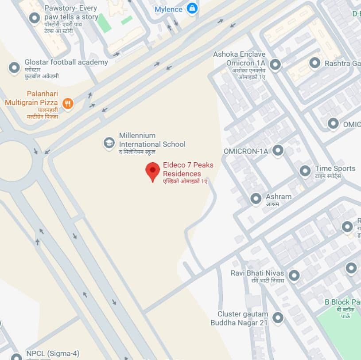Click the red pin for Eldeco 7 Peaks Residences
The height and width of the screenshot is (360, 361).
[153, 171]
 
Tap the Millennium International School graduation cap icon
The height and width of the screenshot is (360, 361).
[109, 142]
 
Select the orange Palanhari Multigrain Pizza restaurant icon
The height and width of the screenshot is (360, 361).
[68, 104]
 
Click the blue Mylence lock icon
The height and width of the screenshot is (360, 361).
[192, 8]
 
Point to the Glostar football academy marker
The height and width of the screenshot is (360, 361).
[14, 68]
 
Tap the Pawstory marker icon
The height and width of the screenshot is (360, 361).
[34, 18]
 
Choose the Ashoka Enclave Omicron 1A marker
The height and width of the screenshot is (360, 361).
[275, 65]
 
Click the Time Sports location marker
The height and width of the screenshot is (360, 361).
[305, 171]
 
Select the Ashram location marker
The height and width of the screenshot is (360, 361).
[256, 199]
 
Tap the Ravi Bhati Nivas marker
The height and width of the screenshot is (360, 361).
[294, 276]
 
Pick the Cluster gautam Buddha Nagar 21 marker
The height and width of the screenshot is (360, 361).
[278, 317]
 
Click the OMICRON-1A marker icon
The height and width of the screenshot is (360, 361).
[278, 151]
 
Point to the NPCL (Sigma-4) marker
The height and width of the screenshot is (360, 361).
[16, 356]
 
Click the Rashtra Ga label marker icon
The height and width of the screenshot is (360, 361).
[315, 63]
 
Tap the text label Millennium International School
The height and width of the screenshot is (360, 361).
[152, 140]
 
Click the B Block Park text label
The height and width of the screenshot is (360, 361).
[342, 302]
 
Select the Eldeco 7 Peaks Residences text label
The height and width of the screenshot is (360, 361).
[188, 169]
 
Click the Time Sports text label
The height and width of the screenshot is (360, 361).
[335, 168]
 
